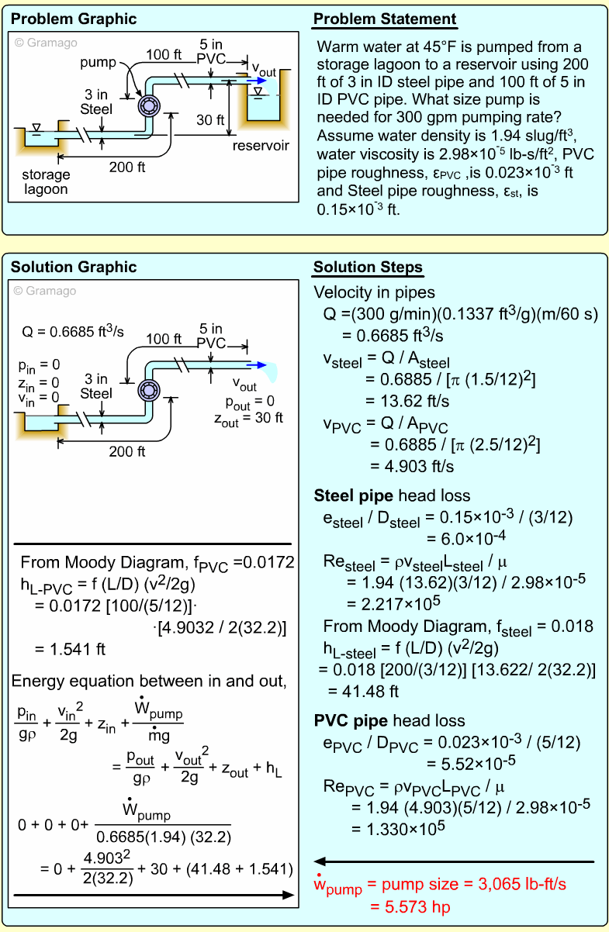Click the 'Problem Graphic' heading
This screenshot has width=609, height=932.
click(73, 19)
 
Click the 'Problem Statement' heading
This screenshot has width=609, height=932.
click(384, 19)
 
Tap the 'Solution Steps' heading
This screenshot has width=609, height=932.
click(368, 268)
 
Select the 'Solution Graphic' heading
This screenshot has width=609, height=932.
click(73, 268)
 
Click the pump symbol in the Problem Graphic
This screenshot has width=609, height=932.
click(147, 106)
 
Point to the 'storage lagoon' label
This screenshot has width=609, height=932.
click(46, 182)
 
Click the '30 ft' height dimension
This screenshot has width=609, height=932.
click(209, 119)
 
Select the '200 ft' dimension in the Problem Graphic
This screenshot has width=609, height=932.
click(128, 166)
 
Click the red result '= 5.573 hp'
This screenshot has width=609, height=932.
click(411, 906)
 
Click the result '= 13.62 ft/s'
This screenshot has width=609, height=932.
click(407, 402)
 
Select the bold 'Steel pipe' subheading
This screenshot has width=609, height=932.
click(354, 495)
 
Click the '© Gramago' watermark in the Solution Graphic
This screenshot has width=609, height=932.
click(46, 291)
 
